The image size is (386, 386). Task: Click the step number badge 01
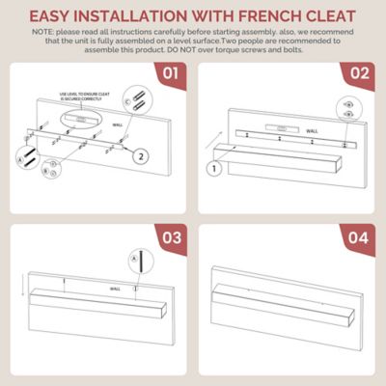click(x=172, y=73)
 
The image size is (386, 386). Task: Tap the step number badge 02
click(x=358, y=73)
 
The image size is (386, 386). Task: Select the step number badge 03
click(x=172, y=236)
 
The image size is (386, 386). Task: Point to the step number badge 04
click(x=358, y=236)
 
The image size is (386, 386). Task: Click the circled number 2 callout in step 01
click(x=140, y=155)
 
